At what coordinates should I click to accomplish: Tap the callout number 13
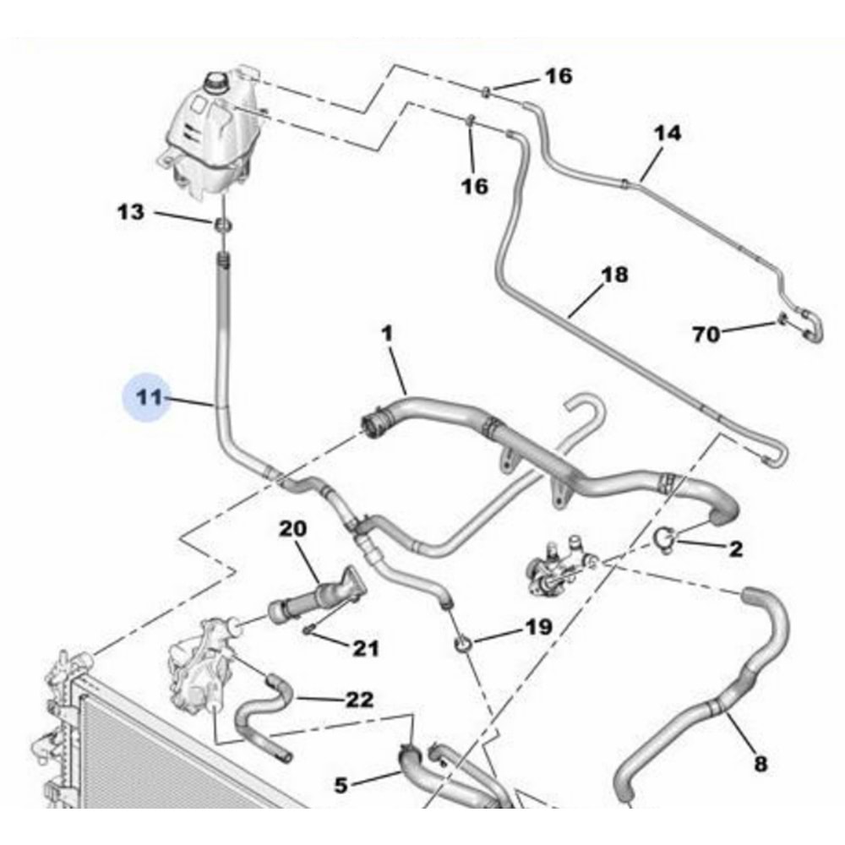tap(131, 211)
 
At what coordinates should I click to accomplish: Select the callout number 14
tap(667, 134)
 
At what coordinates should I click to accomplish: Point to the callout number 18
tap(614, 275)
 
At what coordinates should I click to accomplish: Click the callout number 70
tap(706, 335)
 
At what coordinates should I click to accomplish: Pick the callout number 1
tap(387, 335)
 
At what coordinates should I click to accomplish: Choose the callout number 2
tap(736, 549)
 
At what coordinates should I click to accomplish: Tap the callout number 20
tap(293, 529)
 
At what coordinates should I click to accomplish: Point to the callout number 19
tap(538, 627)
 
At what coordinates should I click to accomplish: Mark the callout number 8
tap(760, 765)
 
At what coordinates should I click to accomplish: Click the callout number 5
tap(341, 785)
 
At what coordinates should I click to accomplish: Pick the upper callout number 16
tap(558, 77)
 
